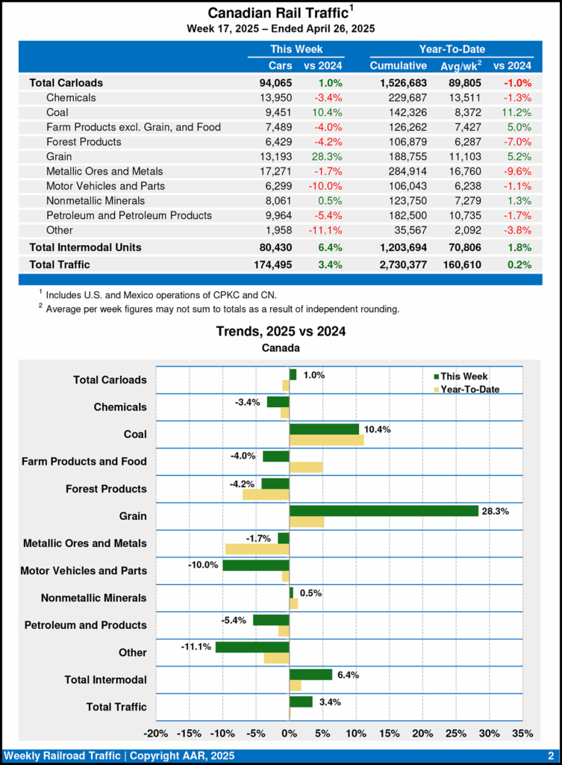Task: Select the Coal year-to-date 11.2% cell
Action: pos(515,112)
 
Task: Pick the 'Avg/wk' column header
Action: pos(462,66)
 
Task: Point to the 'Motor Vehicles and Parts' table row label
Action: pos(105,186)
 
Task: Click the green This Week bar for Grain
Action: pos(384,511)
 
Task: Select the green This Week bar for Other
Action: pos(252,647)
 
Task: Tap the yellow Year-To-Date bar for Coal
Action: pos(326,440)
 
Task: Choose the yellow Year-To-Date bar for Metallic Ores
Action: pos(257,549)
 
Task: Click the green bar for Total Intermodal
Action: pos(310,675)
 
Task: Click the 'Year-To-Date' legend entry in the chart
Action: pos(469,389)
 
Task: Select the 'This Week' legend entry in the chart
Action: pos(463,377)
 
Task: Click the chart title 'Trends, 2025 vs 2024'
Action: pos(281,331)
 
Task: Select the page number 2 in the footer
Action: pos(551,755)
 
